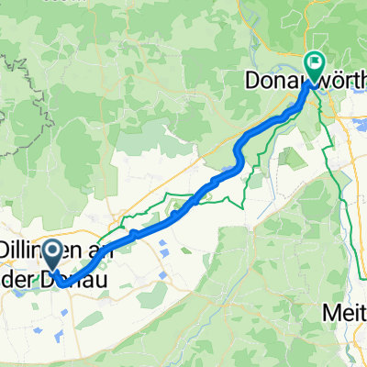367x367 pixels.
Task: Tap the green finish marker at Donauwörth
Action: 313,65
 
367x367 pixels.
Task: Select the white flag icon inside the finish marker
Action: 314,63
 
